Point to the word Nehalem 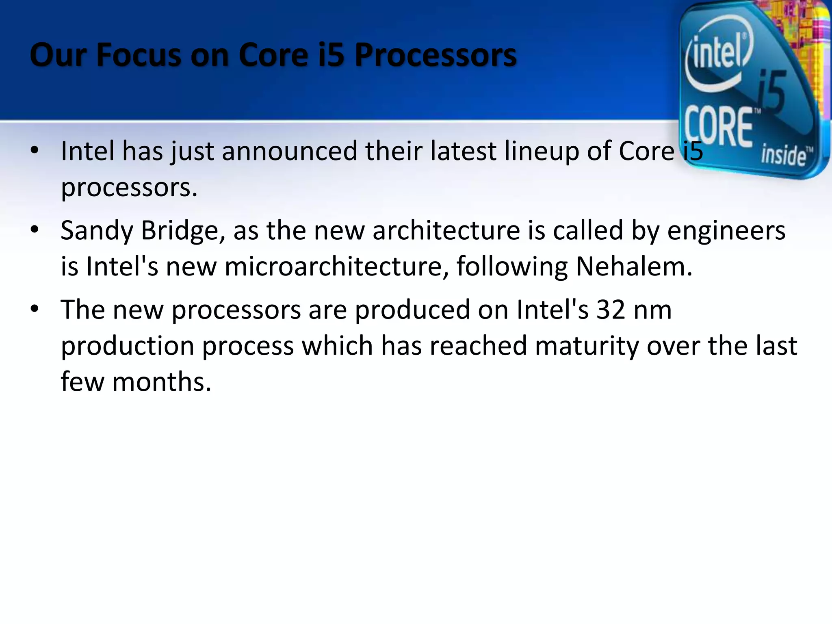634,267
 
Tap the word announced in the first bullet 289,151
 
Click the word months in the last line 161,382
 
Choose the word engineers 726,231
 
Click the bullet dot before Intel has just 35,150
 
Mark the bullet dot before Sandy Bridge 35,230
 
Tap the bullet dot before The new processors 35,309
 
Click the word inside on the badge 783,155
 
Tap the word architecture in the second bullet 446,231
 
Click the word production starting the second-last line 127,346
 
